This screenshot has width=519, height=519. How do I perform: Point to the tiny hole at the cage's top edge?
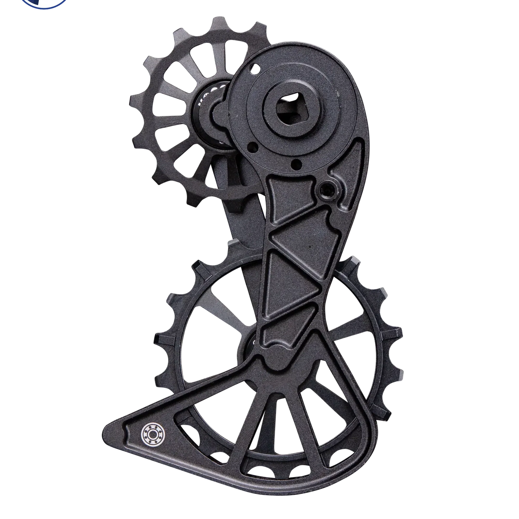pos(255,67)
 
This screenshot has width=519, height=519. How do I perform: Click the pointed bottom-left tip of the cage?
pos(107,432)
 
